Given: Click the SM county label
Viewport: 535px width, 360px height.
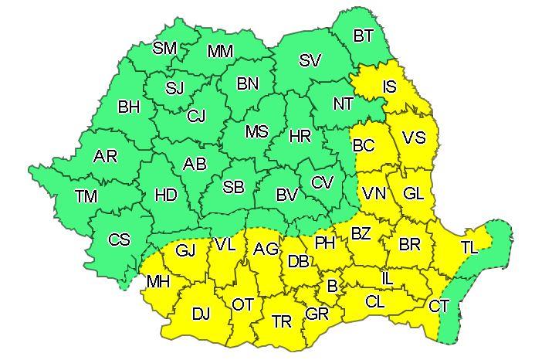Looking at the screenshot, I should pyautogui.click(x=164, y=48).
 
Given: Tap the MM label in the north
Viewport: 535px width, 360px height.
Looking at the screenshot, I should pyautogui.click(x=221, y=52).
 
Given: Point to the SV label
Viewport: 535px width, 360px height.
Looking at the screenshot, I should pyautogui.click(x=310, y=59).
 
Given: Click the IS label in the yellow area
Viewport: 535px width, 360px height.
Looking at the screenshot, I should pyautogui.click(x=390, y=87).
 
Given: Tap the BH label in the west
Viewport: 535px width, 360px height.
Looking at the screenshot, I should pyautogui.click(x=129, y=107).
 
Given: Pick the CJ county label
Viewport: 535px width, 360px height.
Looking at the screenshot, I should pyautogui.click(x=197, y=117).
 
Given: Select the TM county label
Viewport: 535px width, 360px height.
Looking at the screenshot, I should pyautogui.click(x=86, y=196).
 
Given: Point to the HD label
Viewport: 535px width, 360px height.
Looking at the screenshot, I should pyautogui.click(x=166, y=195).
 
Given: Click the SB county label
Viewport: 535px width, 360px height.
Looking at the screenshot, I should pyautogui.click(x=233, y=186).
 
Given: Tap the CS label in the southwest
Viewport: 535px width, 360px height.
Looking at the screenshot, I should pyautogui.click(x=119, y=239).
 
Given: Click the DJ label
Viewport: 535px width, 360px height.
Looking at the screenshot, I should pyautogui.click(x=201, y=314).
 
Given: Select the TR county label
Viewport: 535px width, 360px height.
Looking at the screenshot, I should pyautogui.click(x=282, y=321).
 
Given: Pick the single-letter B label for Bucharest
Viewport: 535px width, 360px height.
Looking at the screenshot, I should pyautogui.click(x=332, y=287).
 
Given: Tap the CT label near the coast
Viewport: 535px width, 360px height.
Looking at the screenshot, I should pyautogui.click(x=438, y=307).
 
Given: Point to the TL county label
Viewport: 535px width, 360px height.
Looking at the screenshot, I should pyautogui.click(x=469, y=247).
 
